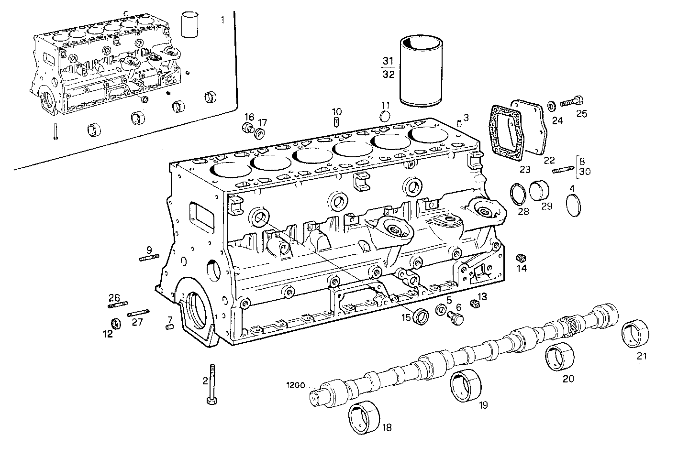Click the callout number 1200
coord(296,384)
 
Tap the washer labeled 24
coord(551,105)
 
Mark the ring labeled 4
coord(572,206)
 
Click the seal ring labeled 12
coord(116,323)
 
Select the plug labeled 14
coord(521,258)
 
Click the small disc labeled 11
coord(385,116)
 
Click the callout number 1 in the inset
coord(222,20)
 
